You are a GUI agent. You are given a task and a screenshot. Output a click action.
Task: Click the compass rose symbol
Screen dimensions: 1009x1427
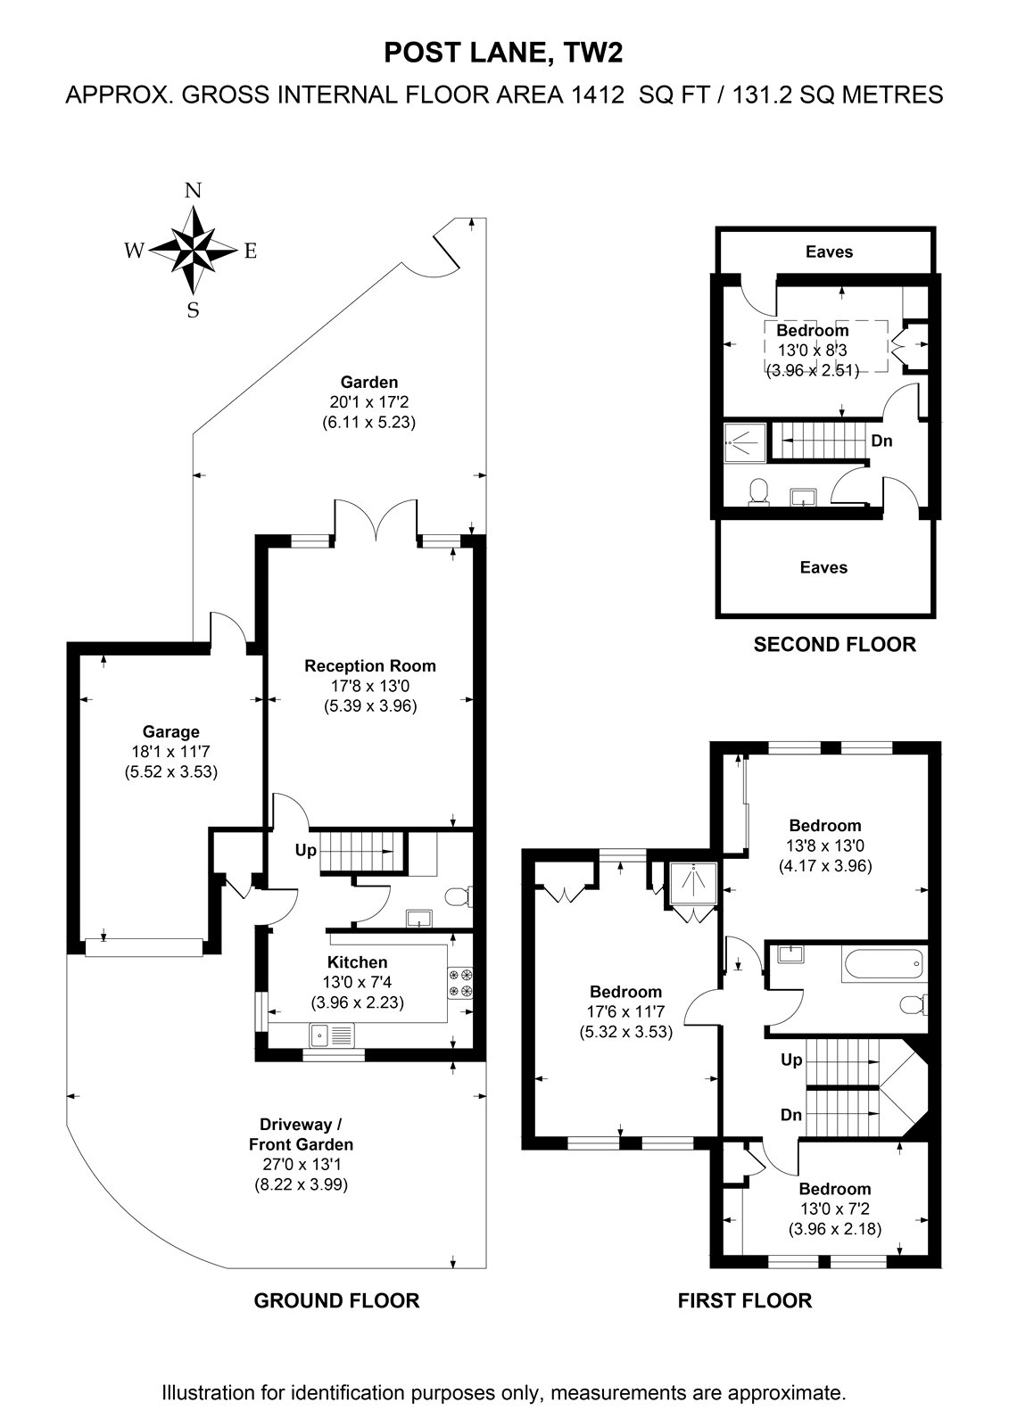coord(193,250)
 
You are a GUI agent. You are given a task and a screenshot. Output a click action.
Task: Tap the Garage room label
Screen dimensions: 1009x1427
coord(170,731)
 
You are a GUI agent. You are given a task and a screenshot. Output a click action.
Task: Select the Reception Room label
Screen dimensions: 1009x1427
coord(369,665)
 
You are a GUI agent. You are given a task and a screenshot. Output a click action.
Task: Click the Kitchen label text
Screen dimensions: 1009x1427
coord(357,962)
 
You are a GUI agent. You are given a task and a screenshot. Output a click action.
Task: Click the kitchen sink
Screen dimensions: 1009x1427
coord(332,1035)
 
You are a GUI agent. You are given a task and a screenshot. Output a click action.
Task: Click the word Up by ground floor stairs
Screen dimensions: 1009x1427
coord(305,851)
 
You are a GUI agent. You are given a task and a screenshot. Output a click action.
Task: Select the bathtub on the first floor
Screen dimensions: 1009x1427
coord(882,965)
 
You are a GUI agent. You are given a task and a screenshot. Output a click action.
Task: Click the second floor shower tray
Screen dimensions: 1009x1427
coord(743,441)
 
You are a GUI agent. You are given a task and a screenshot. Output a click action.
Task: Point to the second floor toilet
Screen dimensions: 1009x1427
coord(758,491)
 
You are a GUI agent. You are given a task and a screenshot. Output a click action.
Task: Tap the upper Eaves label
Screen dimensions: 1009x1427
coord(829,252)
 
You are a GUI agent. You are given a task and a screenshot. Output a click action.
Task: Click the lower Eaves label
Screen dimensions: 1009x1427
coord(823,567)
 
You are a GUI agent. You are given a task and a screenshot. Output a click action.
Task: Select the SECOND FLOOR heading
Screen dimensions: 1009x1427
coord(834,645)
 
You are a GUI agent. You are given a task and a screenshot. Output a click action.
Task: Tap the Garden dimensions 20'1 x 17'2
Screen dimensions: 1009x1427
coord(369,402)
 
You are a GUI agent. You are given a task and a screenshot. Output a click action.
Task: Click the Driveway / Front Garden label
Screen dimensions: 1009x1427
coord(301,1134)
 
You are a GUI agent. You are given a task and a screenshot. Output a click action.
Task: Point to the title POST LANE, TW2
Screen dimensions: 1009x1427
coord(503,54)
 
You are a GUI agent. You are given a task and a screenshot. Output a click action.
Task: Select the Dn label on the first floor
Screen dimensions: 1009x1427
coord(791,1115)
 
